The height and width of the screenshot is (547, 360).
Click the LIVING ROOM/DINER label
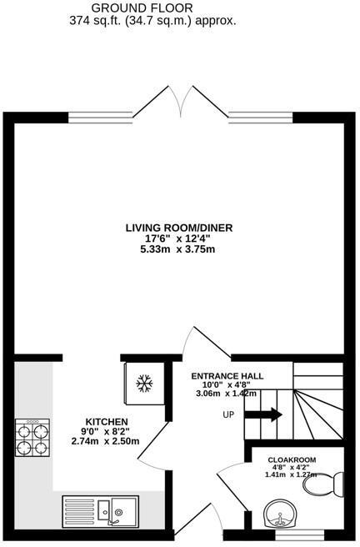pos(178,227)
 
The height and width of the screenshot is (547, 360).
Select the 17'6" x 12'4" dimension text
pos(178,238)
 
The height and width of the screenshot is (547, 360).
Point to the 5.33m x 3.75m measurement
pos(178,248)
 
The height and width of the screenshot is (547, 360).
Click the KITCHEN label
pos(107,421)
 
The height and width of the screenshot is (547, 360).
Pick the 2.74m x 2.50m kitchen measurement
pos(107,442)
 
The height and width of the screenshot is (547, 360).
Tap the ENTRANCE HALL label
pos(223,375)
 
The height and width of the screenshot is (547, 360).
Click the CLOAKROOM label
pos(293,459)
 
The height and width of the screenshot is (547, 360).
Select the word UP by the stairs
pos(228,414)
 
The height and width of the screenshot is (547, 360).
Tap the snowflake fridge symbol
pos(144,384)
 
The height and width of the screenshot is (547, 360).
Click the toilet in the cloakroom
pos(334,482)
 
